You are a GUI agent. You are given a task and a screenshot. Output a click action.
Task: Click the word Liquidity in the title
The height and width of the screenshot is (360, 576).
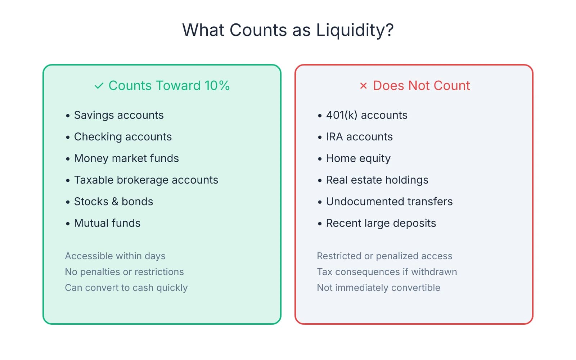(355, 30)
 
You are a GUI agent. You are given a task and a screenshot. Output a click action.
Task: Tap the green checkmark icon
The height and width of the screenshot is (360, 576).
(99, 86)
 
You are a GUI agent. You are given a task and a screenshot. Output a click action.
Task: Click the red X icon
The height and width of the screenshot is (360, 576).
(363, 86)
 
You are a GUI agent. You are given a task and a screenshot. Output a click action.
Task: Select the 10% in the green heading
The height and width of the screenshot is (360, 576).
(217, 86)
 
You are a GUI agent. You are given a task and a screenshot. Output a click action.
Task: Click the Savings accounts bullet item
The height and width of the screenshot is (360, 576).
(118, 115)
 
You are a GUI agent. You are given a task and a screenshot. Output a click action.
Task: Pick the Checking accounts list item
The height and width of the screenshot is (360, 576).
(122, 137)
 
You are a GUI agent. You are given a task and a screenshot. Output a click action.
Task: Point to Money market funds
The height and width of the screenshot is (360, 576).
(126, 158)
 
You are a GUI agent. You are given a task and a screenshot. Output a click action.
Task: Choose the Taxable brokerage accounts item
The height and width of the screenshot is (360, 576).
(146, 180)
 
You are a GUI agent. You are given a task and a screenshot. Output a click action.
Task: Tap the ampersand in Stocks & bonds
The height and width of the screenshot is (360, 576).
(115, 202)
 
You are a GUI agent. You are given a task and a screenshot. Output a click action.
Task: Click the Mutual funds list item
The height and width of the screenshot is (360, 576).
(107, 223)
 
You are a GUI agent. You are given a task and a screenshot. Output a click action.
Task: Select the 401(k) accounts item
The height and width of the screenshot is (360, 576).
(366, 115)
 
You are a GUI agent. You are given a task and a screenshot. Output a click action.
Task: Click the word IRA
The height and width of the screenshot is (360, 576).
(334, 137)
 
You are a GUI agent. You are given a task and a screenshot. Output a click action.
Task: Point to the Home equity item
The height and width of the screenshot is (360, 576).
(358, 158)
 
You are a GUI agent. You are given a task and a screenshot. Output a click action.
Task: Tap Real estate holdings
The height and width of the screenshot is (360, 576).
(377, 180)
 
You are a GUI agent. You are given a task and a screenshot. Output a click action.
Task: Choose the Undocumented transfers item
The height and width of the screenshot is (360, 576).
(389, 202)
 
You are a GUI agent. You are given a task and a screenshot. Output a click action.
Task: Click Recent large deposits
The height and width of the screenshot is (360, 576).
(381, 223)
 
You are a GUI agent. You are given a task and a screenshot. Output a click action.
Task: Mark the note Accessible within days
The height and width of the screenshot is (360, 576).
(115, 256)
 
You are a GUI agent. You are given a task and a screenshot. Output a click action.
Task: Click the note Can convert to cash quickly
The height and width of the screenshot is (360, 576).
(126, 288)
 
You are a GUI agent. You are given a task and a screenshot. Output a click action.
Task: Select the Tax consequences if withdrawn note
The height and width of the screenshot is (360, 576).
(387, 272)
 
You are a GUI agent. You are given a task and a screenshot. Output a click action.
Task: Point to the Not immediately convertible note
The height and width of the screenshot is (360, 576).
(378, 288)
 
